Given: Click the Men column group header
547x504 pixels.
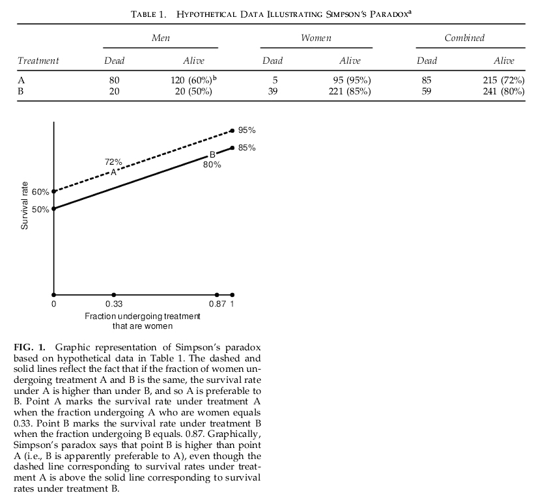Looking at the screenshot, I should pos(160,38).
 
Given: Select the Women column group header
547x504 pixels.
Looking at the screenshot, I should pos(316,38).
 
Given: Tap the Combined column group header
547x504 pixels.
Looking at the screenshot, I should pos(464,38).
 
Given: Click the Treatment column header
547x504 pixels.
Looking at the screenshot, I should pos(38,61).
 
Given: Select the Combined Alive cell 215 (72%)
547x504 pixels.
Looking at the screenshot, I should pos(503,79).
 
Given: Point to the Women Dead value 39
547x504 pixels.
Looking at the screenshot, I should pos(273,91).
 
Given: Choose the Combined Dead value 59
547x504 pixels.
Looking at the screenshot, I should pos(428,91).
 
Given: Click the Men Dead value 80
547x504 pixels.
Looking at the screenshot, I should pos(115,79).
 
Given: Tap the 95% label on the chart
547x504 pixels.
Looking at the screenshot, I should pos(247,130).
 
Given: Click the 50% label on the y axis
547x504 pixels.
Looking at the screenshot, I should pos(41,209).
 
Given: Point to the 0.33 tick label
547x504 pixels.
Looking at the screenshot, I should pos(114,304).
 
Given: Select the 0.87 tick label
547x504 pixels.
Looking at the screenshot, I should pos(217,304).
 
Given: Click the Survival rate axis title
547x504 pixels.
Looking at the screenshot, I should pos(24,205).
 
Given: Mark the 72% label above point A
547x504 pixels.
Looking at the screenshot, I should pos(113,161).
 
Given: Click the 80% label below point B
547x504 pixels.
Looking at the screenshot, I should pos(212,165).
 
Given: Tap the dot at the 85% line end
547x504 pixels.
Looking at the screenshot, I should pos(232,148).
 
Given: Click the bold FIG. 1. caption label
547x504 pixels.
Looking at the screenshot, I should pos(32,346).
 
